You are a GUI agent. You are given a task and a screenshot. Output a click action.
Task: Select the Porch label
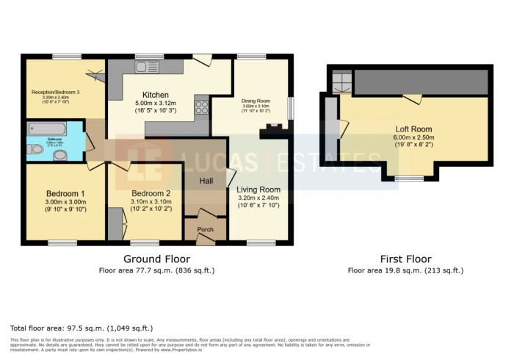[x=206, y=230]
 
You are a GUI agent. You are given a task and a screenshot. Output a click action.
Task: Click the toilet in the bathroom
[x=35, y=149]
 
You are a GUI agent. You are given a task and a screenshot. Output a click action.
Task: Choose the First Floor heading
[x=405, y=259]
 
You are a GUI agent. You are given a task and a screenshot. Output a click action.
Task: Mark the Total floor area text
[x=82, y=328]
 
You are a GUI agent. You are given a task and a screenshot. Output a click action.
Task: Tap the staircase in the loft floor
[x=341, y=82]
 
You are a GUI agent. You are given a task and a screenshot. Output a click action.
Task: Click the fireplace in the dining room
[x=272, y=132]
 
